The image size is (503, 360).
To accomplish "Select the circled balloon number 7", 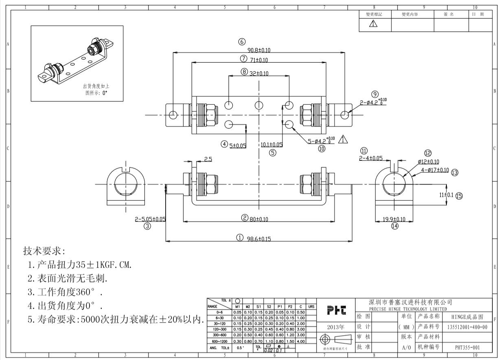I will coord(243,59).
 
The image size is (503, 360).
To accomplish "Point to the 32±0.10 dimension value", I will coord(259,74).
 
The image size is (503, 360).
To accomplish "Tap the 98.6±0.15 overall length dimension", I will coord(259,239).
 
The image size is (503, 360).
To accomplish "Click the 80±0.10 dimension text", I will coord(259,219).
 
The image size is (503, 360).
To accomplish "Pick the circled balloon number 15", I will coord(459,196).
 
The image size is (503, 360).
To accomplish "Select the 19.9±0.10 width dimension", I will coord(394,219).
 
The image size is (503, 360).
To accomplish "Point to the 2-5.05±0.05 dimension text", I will coord(150,219).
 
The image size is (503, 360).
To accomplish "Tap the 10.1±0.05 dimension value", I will coord(271,145).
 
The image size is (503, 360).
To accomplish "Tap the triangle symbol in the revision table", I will coord(373,24).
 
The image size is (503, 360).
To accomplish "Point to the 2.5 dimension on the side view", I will coord(208,159).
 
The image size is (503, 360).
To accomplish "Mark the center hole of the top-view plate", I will coord(259,105).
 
